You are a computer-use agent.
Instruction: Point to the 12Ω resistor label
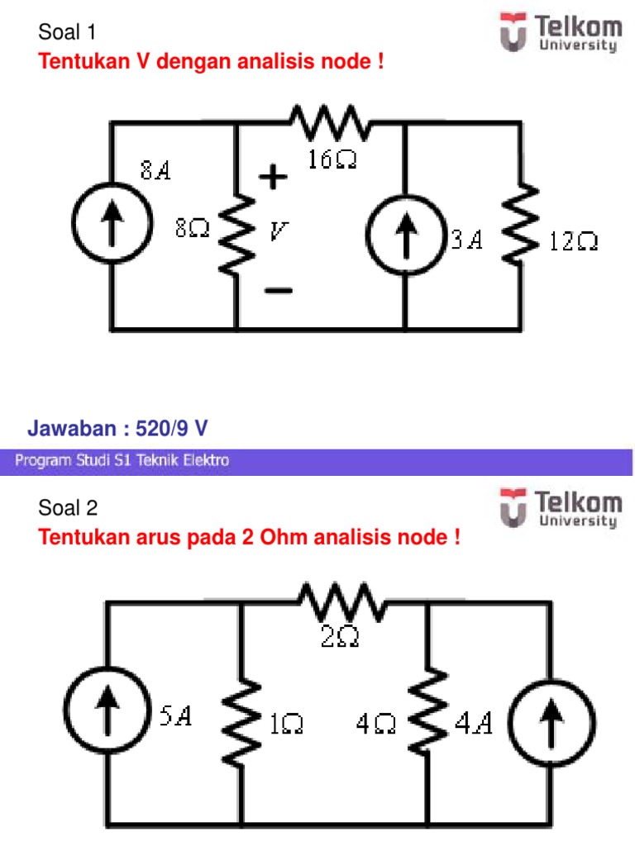coord(573,241)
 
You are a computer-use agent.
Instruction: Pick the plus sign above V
coord(274,177)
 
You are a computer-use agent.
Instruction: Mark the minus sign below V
coord(278,290)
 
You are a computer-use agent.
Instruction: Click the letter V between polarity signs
coord(279,232)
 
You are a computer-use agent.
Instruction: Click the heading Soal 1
coord(68,33)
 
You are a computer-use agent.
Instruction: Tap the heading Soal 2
coord(69,508)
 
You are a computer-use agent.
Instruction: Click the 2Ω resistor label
coord(340,637)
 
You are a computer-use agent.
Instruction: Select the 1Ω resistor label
coord(286,725)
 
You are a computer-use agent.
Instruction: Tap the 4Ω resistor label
coord(375,725)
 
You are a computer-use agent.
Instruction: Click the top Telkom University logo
coord(560,32)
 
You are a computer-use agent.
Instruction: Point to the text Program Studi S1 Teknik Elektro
coord(122,461)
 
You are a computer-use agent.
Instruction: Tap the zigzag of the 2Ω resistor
coord(343,604)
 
